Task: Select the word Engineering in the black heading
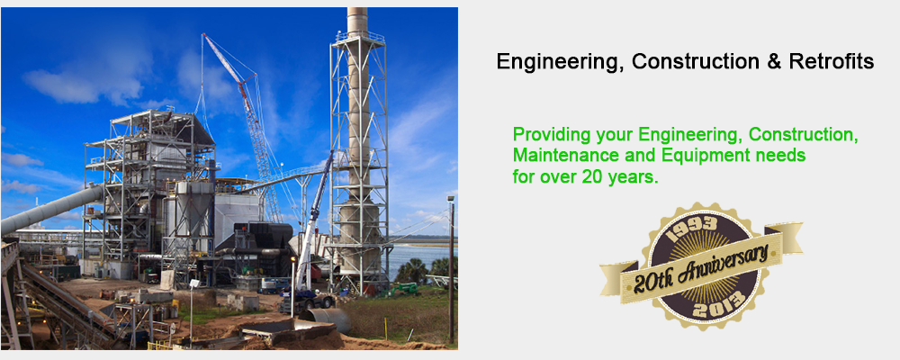557,62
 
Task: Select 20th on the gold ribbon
653,283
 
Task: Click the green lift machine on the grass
405,290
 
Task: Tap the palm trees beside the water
426,270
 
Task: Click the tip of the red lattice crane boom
202,35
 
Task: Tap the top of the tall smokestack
357,10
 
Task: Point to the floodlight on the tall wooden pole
451,199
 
